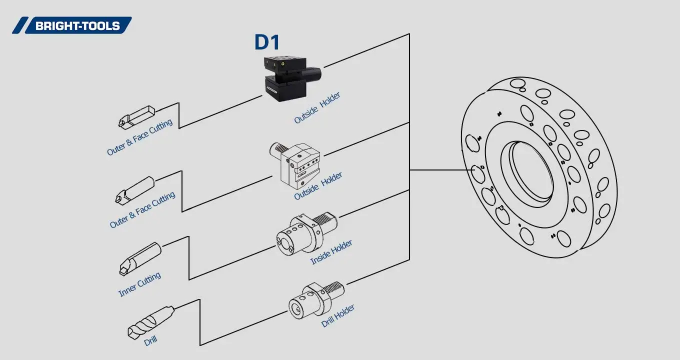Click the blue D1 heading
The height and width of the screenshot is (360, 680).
266,42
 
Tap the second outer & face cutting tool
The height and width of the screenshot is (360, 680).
135,189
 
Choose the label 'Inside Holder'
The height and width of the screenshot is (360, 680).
331,252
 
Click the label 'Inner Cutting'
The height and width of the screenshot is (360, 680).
139,284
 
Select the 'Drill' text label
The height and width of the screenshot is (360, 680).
150,341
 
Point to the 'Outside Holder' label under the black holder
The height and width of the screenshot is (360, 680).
317,108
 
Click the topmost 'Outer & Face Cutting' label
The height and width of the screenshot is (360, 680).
139,137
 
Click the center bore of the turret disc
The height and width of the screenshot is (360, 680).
530,172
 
